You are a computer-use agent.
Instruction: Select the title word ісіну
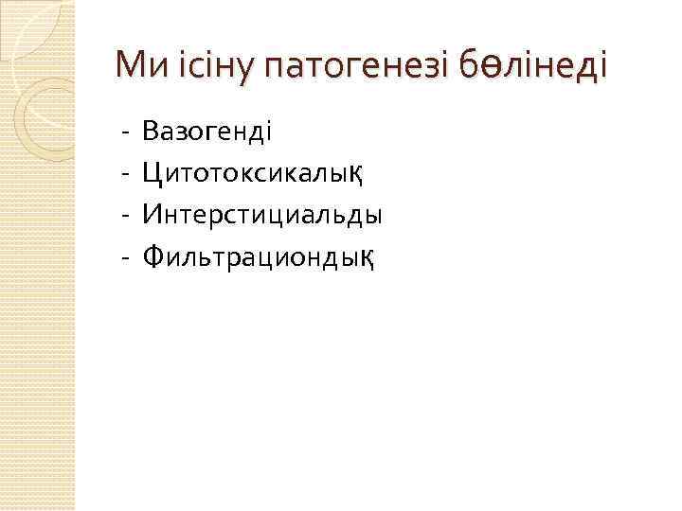[x=204, y=66]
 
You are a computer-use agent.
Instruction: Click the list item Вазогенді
[x=207, y=131]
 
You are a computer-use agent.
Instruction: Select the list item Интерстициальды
[x=262, y=214]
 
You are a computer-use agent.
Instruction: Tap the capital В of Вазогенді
[x=150, y=131]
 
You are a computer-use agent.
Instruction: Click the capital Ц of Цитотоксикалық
[x=151, y=172]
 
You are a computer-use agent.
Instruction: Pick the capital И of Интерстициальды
[x=152, y=214]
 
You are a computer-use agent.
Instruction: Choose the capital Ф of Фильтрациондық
[x=153, y=255]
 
